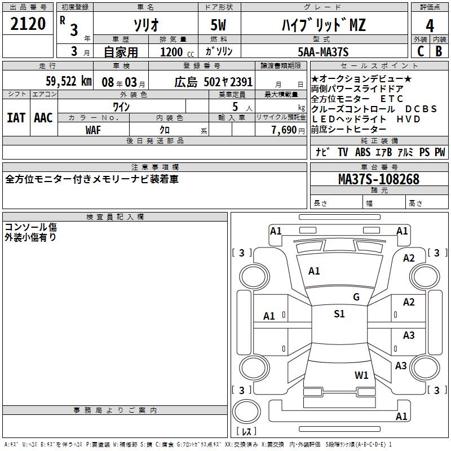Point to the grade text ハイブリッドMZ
click(323, 25)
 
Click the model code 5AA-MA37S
click(323, 52)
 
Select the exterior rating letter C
click(419, 52)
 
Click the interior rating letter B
click(439, 52)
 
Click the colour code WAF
click(94, 130)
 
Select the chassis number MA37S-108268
click(378, 179)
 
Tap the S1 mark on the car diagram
click(339, 314)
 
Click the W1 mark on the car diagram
click(361, 375)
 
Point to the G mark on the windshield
click(356, 297)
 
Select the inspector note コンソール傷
click(30, 227)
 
